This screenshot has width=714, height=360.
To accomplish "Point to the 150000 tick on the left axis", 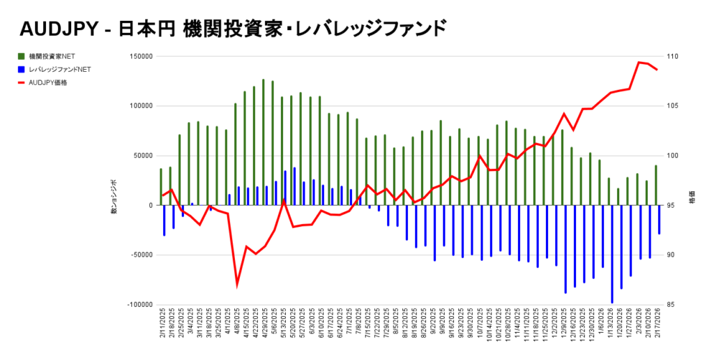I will point(142,57).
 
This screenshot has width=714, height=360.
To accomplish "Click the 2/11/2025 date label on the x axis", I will point(162,327).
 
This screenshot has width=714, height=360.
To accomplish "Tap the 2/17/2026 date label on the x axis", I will point(657,327).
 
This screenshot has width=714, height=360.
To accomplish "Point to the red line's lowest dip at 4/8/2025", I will point(237,285).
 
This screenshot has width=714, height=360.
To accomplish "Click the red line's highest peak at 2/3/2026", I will point(639,62).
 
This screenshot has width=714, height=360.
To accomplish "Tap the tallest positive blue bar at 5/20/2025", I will point(294,186).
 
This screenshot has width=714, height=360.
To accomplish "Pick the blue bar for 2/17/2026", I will point(659,219).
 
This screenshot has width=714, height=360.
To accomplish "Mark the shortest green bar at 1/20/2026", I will point(618,197).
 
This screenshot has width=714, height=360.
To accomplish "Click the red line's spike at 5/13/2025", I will point(284,200).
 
